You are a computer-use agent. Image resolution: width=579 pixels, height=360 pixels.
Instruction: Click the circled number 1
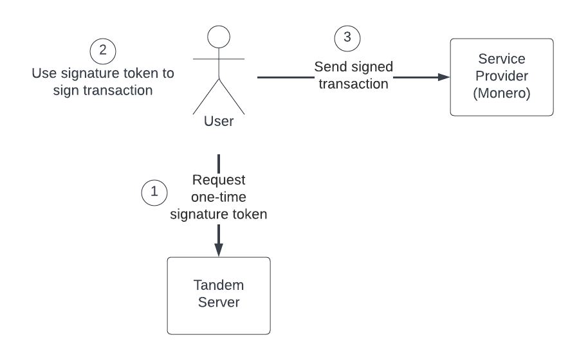pos(153,192)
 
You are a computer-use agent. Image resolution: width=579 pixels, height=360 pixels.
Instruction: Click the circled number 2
pos(103,50)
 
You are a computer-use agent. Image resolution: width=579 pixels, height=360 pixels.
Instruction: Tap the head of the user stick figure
pos(219,38)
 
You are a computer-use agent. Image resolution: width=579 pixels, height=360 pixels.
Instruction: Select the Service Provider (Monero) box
pos(502,77)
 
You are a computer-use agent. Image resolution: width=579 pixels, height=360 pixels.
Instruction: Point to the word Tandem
pos(219,287)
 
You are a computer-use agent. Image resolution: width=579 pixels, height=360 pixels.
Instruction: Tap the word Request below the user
pos(219,181)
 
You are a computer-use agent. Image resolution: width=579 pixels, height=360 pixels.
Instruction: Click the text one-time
pos(219,197)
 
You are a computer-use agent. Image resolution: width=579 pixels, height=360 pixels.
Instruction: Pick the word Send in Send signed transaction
pos(327,67)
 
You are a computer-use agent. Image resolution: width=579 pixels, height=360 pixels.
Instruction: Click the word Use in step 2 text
pos(44,73)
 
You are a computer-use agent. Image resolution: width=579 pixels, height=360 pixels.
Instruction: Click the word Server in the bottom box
pos(219,303)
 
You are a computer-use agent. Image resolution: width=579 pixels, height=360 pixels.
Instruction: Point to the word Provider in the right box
pos(502,76)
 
